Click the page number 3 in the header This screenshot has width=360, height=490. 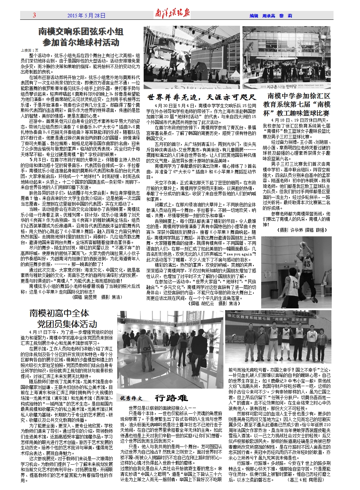pos(35,15)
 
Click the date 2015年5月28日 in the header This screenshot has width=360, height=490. pos(86,16)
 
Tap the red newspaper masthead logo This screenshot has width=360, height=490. pos(173,14)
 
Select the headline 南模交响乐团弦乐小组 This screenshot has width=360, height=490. pos(81,32)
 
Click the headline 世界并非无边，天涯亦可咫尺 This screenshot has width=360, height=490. pos(201,97)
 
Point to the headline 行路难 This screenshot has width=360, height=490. pos(171,398)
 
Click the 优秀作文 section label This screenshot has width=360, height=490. pos(131,399)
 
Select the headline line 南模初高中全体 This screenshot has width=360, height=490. pos(59,313)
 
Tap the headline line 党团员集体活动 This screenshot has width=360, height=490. pos(67,324)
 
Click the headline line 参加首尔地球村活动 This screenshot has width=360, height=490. pos(81,43)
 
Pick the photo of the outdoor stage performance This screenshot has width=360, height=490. pos(192,57)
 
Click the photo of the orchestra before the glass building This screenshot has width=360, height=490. pos(286,57)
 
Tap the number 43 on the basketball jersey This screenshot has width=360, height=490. pos(306,264)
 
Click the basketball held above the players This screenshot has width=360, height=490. pos(302,244)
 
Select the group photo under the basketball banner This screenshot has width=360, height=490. pos(278,337)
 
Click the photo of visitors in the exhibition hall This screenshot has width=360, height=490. pos(170,349)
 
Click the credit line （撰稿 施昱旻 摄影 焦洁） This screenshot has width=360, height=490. pos(96,297)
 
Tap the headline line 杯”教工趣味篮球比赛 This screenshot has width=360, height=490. pos(296,113)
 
